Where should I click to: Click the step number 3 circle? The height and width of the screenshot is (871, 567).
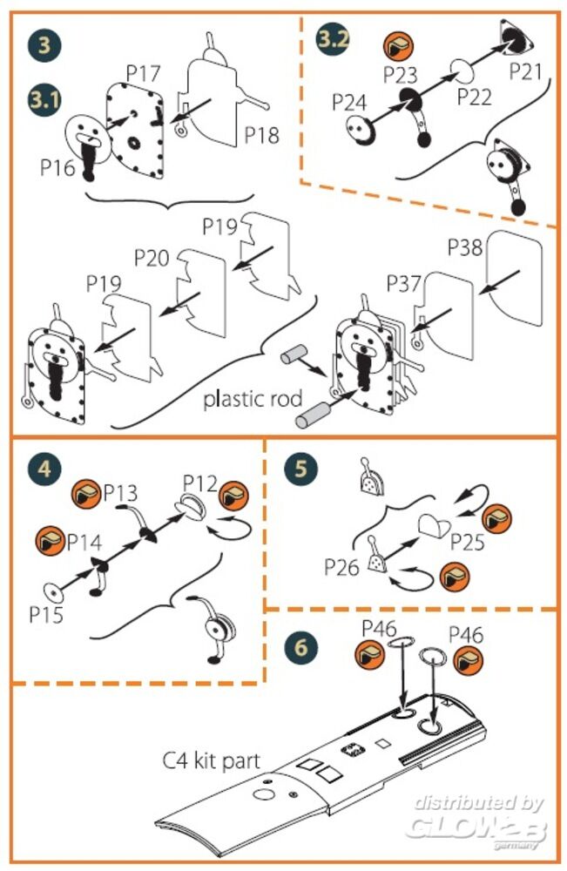[x=44, y=44]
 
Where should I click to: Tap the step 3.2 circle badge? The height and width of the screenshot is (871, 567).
[x=334, y=41]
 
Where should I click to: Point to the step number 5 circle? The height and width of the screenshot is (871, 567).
[x=300, y=468]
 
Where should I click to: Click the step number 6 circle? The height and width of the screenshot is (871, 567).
[x=300, y=648]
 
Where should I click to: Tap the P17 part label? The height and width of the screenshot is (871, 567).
[x=142, y=74]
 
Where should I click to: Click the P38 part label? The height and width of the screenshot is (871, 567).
[x=465, y=249]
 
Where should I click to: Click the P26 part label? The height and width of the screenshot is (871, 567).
[x=342, y=567]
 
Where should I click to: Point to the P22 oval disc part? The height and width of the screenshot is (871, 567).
[x=461, y=69]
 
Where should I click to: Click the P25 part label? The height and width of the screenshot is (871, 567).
[x=469, y=542]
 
